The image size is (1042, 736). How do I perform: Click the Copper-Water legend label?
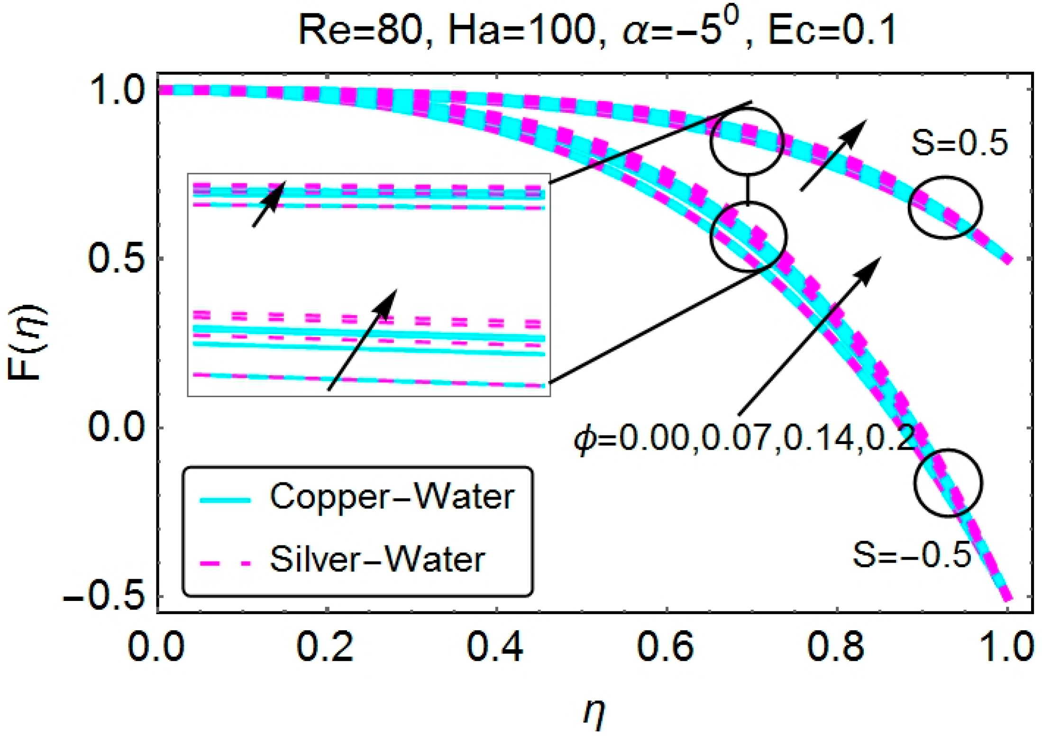point(392,497)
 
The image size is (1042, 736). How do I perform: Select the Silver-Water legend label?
point(377,560)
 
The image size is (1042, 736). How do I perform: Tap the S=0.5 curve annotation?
point(959,143)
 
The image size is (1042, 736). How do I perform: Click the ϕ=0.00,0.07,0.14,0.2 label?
point(743,439)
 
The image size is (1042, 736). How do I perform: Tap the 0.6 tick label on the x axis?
point(665,647)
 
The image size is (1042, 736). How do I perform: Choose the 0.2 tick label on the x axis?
point(325,647)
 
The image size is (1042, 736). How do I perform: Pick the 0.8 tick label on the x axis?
point(835,647)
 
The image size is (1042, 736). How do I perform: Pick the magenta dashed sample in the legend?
point(225,563)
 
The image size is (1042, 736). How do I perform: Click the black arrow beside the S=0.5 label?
point(833,155)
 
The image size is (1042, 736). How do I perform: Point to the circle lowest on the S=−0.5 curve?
point(947,483)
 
